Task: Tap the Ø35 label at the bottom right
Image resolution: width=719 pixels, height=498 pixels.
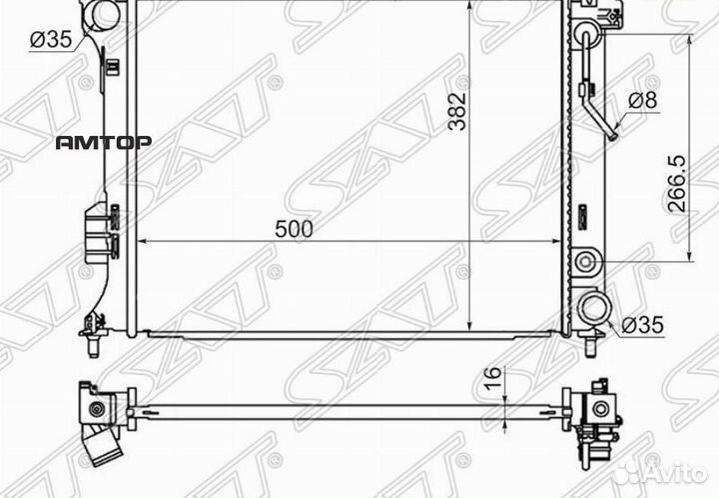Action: point(641,325)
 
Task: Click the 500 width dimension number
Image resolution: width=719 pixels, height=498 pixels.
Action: point(294,228)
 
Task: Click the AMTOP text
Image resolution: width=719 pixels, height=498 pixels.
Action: point(103,142)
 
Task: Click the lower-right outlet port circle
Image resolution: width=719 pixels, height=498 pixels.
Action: point(594,307)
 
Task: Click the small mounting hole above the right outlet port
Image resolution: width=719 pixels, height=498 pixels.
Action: point(585,263)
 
